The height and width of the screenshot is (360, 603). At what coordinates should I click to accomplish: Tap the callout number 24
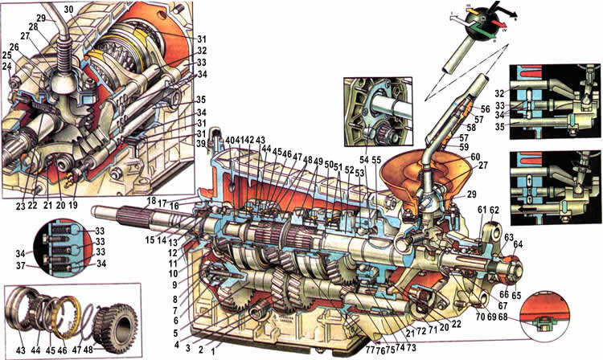pos(9,66)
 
